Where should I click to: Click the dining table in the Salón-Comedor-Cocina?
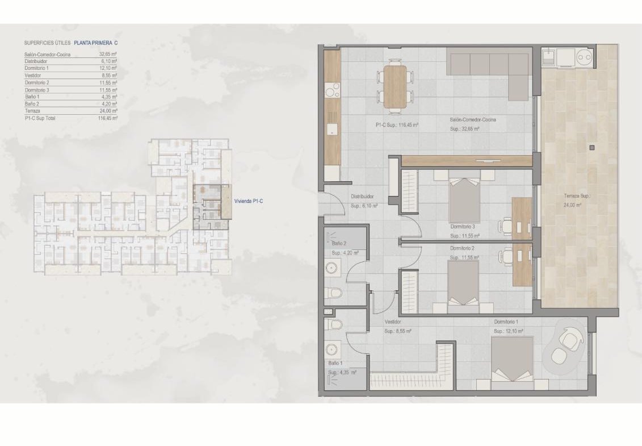pos(396,86)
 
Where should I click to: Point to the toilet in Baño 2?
pos(334,294)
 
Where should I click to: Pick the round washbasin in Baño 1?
pos(332,349)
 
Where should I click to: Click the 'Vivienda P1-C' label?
pos(249,201)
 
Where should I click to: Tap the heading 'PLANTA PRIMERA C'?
pos(96,43)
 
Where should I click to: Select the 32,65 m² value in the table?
pos(108,54)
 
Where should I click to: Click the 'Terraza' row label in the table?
pos(32,111)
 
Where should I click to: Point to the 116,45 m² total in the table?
pos(108,118)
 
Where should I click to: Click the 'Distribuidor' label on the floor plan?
pos(362,197)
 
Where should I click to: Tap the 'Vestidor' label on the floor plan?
pos(393,322)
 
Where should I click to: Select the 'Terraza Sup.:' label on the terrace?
pos(577,196)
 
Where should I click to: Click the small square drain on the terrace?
pos(591,147)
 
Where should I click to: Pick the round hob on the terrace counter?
pos(584,57)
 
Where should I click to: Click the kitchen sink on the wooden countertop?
pos(332,129)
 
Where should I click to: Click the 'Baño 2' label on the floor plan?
pos(339,244)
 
